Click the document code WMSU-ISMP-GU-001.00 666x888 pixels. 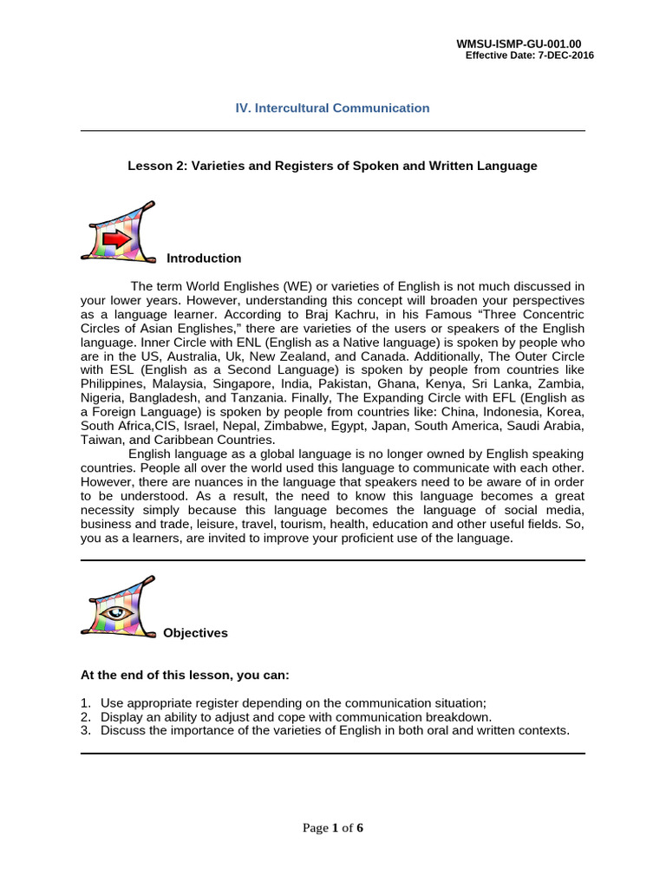(x=525, y=43)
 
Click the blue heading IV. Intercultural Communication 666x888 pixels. (x=332, y=108)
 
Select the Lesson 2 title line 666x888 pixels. (x=332, y=166)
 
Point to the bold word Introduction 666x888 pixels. (x=204, y=258)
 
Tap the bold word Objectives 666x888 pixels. (x=195, y=633)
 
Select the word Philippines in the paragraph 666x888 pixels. (x=112, y=385)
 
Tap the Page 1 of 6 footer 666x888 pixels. (x=332, y=828)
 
